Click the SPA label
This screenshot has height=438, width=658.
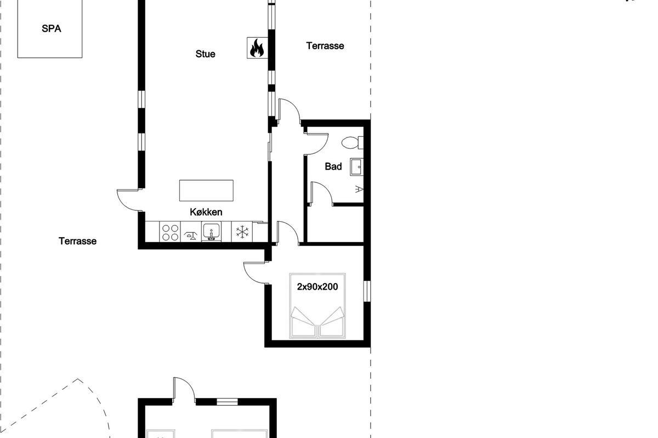tap(52, 29)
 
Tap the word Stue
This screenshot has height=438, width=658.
tap(205, 54)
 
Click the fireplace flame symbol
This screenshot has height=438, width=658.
tap(257, 48)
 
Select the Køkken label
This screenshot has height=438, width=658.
tap(206, 212)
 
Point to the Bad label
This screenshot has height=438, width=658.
tap(333, 166)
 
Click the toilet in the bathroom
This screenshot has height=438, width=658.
tap(353, 142)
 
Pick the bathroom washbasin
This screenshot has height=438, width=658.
tap(356, 166)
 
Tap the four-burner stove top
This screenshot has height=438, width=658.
tap(170, 232)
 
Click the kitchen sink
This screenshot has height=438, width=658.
tap(211, 232)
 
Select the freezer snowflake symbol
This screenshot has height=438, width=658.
tap(242, 232)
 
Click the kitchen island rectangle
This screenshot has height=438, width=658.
tap(206, 191)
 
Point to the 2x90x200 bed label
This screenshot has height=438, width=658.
tap(317, 287)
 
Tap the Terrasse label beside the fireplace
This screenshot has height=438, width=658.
tap(325, 46)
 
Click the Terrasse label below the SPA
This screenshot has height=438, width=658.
tap(77, 241)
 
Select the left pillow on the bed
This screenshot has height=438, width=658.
tap(303, 317)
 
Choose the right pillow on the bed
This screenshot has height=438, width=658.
tap(332, 317)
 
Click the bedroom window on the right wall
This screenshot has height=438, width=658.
tap(367, 291)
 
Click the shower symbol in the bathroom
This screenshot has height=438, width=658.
tap(359, 189)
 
